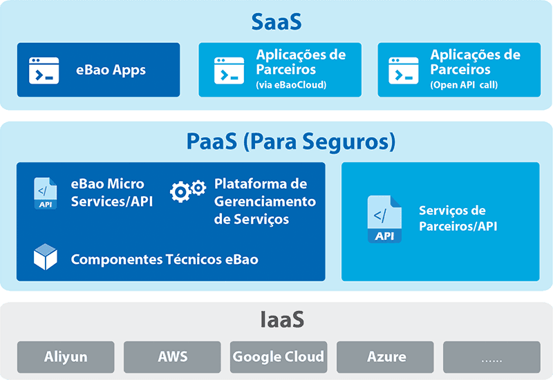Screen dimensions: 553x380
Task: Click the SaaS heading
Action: [276, 22]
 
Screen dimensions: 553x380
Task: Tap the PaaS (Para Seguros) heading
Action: [291, 142]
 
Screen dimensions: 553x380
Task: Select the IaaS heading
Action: [282, 319]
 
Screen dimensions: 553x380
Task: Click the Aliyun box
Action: [66, 357]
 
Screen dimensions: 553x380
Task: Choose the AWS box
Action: [172, 357]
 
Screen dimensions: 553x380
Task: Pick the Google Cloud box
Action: [279, 357]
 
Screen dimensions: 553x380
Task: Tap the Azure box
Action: [385, 357]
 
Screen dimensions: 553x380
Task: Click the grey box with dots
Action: [491, 357]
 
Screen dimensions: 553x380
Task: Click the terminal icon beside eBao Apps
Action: [44, 70]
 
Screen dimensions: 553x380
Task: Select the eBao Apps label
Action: [111, 70]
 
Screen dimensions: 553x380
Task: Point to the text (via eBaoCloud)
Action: [291, 85]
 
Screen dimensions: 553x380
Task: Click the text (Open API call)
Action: [464, 85]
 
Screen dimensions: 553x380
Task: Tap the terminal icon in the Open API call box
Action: [404, 70]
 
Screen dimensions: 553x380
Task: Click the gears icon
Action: [188, 191]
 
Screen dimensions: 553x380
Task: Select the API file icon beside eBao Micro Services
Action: [45, 193]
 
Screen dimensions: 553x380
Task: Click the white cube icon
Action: [46, 256]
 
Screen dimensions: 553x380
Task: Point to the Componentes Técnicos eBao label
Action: [165, 260]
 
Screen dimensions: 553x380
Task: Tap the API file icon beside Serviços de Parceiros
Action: [384, 219]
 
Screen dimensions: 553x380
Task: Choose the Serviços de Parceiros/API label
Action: [458, 218]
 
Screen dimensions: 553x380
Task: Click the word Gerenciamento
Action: [265, 202]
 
